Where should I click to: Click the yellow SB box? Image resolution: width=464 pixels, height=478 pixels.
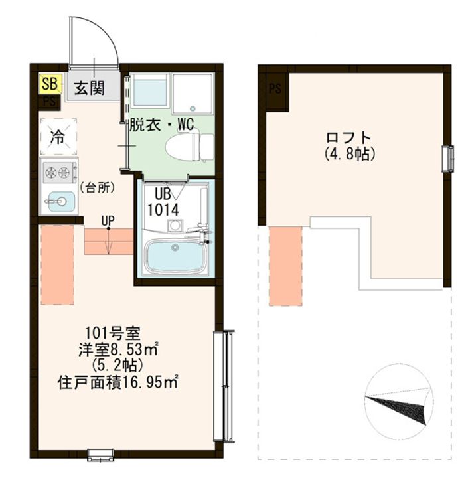48,84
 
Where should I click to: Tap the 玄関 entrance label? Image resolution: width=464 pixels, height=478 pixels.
88,87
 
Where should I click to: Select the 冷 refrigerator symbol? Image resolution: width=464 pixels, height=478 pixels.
58,137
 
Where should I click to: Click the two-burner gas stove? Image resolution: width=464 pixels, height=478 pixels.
58,174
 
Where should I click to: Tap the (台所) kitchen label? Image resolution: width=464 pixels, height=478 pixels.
98,188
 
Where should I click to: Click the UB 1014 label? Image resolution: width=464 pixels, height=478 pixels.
163,201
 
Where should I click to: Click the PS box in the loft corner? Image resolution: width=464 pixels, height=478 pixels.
274,88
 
